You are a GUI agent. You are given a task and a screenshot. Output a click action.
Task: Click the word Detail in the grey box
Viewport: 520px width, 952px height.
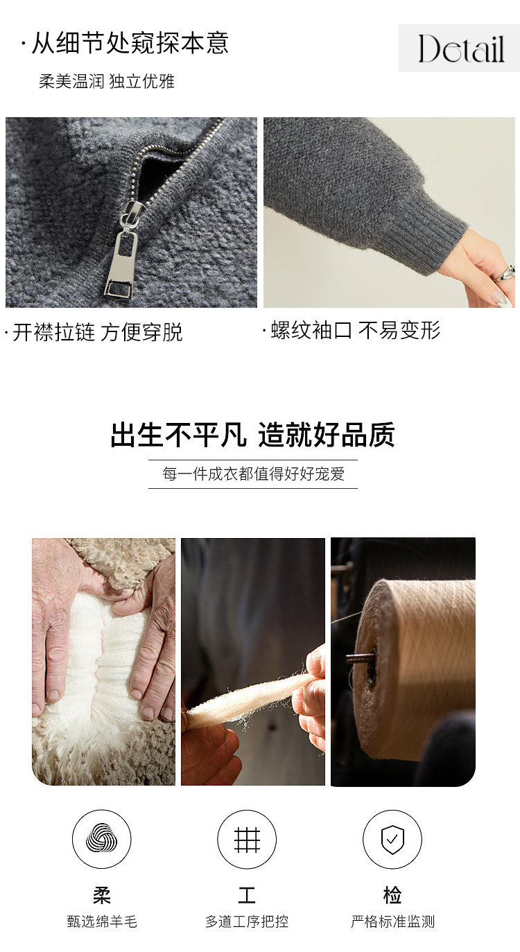[x=461, y=49]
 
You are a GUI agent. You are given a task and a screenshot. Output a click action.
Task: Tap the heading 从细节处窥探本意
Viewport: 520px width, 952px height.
[x=130, y=43]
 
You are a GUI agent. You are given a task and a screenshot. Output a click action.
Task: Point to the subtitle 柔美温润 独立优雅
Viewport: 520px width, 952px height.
[x=107, y=81]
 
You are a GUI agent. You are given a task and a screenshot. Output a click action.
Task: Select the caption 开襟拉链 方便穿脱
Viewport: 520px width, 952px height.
[x=98, y=332]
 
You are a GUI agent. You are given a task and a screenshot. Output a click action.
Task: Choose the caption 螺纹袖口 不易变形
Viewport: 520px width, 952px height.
[x=356, y=330]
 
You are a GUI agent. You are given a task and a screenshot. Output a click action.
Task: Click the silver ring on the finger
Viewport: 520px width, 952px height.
[x=505, y=273]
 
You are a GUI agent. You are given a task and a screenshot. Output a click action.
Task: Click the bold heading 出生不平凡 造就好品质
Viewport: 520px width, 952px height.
[x=253, y=434]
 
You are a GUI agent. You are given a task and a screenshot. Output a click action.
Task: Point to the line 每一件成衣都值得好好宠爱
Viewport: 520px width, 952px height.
[x=253, y=474]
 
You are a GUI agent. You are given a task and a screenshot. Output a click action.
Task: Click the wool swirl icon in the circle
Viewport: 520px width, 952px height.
[x=101, y=836]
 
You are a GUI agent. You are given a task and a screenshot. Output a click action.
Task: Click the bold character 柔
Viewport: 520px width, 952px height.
[x=101, y=894]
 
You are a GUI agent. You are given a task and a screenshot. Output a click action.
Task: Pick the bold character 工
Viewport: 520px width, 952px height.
[x=246, y=894]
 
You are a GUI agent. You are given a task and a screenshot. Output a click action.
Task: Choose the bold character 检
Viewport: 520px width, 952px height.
[x=392, y=894]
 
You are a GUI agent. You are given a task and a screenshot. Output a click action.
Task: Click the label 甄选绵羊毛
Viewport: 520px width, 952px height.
[x=102, y=921]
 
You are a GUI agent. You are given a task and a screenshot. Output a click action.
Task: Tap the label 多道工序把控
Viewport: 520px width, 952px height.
[x=247, y=921]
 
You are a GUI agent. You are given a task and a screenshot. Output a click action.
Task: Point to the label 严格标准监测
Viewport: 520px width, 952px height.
[x=393, y=921]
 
